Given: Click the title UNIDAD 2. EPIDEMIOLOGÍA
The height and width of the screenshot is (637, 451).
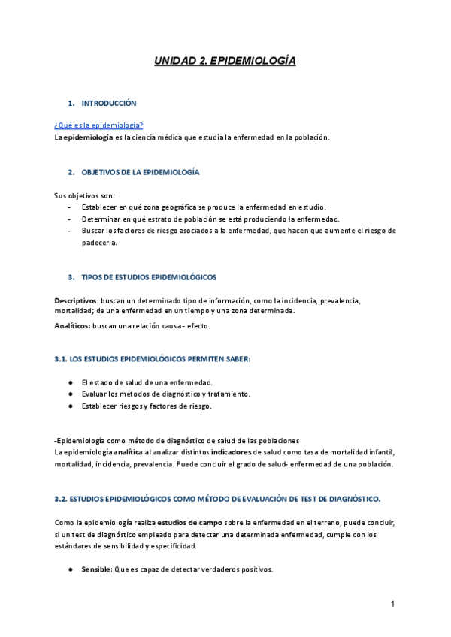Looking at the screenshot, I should point(225,61).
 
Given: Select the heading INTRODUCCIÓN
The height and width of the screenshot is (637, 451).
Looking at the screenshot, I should point(109,103).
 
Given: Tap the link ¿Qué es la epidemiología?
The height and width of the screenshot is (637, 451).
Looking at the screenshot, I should point(98,125).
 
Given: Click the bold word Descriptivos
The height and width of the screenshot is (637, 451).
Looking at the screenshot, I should point(77,300).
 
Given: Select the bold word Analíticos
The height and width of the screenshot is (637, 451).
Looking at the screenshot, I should point(72,325).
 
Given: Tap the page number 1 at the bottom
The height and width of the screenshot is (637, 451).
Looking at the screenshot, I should point(392,604).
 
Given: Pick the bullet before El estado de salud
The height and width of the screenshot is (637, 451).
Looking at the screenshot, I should point(70,382).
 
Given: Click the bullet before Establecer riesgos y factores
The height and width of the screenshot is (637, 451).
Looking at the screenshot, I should point(70,406).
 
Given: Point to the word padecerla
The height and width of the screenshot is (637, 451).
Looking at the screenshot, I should point(100,243).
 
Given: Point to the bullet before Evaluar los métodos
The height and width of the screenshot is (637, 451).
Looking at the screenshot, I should point(70,394).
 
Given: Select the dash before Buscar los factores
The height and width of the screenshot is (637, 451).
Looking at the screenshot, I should point(69,231).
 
